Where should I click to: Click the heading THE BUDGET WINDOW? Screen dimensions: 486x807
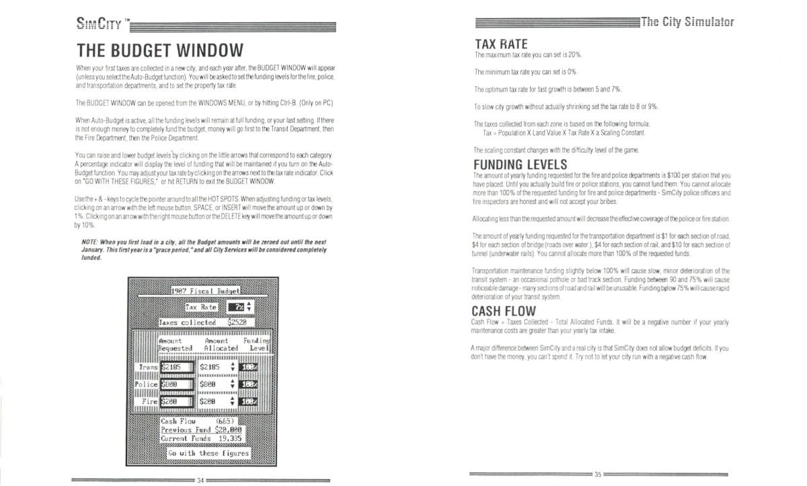[159, 51]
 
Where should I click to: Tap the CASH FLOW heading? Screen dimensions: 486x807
[504, 311]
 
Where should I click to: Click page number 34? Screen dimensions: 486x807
[200, 480]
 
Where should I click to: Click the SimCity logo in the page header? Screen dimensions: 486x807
[98, 27]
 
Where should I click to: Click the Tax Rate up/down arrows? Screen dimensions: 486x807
[250, 306]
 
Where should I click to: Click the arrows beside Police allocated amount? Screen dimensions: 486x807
[232, 384]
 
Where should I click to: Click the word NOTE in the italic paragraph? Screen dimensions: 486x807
[90, 241]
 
